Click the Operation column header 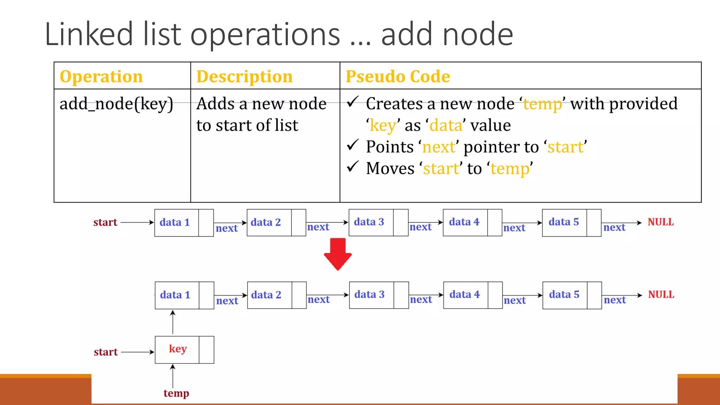(x=101, y=76)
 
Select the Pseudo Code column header (x=398, y=76)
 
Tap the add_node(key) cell (x=116, y=104)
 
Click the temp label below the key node (x=176, y=393)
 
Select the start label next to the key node (x=105, y=352)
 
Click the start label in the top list (x=105, y=222)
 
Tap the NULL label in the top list (x=661, y=222)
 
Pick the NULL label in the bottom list (x=661, y=295)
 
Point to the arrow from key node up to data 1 (x=173, y=322)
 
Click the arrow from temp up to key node (x=173, y=376)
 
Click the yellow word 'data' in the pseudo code (x=446, y=126)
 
